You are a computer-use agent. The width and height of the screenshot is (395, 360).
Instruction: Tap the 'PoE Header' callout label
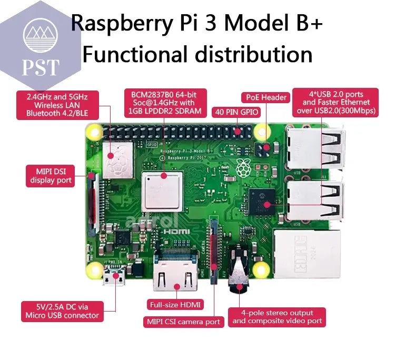coord(266,97)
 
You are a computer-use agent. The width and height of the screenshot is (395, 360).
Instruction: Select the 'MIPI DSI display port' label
coord(51,176)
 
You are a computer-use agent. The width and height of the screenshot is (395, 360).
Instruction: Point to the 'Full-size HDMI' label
coord(176,305)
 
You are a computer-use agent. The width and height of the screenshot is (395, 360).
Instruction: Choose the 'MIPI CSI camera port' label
coord(182,322)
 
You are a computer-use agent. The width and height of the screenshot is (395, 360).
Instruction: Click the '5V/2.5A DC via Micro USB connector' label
coord(62,311)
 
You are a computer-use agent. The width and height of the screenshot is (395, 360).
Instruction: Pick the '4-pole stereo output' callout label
coord(277,317)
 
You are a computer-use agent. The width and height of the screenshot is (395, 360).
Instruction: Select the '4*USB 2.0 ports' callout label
coord(335,102)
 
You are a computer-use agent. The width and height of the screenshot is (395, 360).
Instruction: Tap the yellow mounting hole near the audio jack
coord(260,271)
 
